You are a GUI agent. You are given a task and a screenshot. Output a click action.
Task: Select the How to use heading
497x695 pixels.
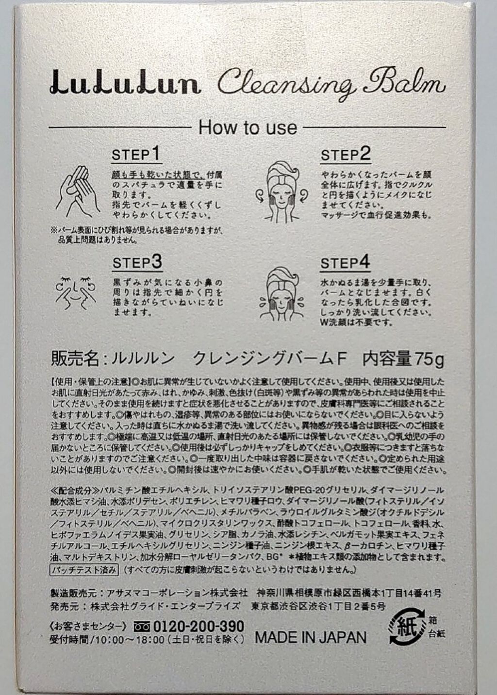click(x=248, y=127)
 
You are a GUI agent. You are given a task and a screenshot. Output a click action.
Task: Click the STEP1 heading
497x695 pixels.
click(x=136, y=154)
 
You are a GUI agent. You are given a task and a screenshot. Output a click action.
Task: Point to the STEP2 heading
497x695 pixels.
click(x=346, y=154)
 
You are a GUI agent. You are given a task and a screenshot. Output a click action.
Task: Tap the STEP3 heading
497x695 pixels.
click(x=137, y=263)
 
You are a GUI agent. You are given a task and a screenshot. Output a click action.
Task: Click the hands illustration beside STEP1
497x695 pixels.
click(x=78, y=192)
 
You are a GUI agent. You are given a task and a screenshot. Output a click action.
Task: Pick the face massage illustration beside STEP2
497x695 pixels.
click(x=281, y=191)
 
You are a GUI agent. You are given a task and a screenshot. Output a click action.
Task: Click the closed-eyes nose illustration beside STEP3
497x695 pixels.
click(x=76, y=293)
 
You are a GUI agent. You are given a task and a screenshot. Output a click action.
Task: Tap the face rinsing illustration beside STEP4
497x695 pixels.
click(x=282, y=295)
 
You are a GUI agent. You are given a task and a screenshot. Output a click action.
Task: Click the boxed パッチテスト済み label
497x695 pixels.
click(x=84, y=570)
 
